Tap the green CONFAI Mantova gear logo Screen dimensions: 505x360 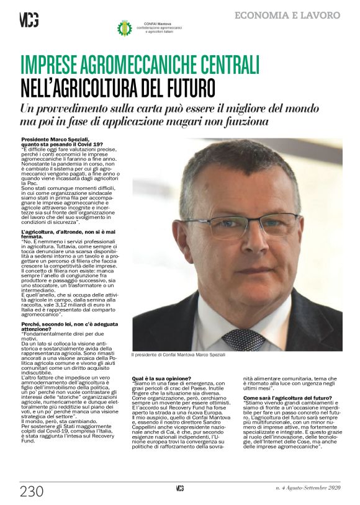[x=125, y=28]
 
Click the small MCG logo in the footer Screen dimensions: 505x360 [x=179, y=488]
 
